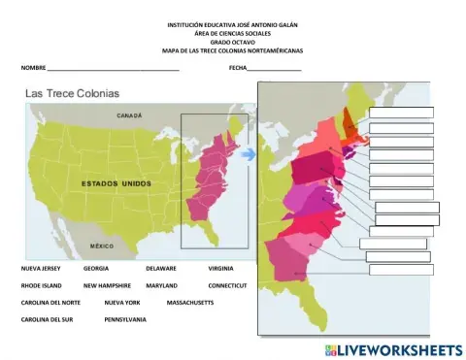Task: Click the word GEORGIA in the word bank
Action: [x=95, y=266]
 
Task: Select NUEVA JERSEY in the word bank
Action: [x=41, y=266]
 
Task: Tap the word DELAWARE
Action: [x=162, y=266]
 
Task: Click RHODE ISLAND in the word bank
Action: [x=41, y=286]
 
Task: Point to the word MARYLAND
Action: [x=161, y=286]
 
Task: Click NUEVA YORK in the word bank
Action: [x=122, y=303]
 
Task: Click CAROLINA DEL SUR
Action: [x=45, y=318]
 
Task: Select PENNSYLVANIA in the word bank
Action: [x=125, y=318]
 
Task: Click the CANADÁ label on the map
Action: [x=130, y=115]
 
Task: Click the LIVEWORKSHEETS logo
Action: [x=394, y=348]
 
